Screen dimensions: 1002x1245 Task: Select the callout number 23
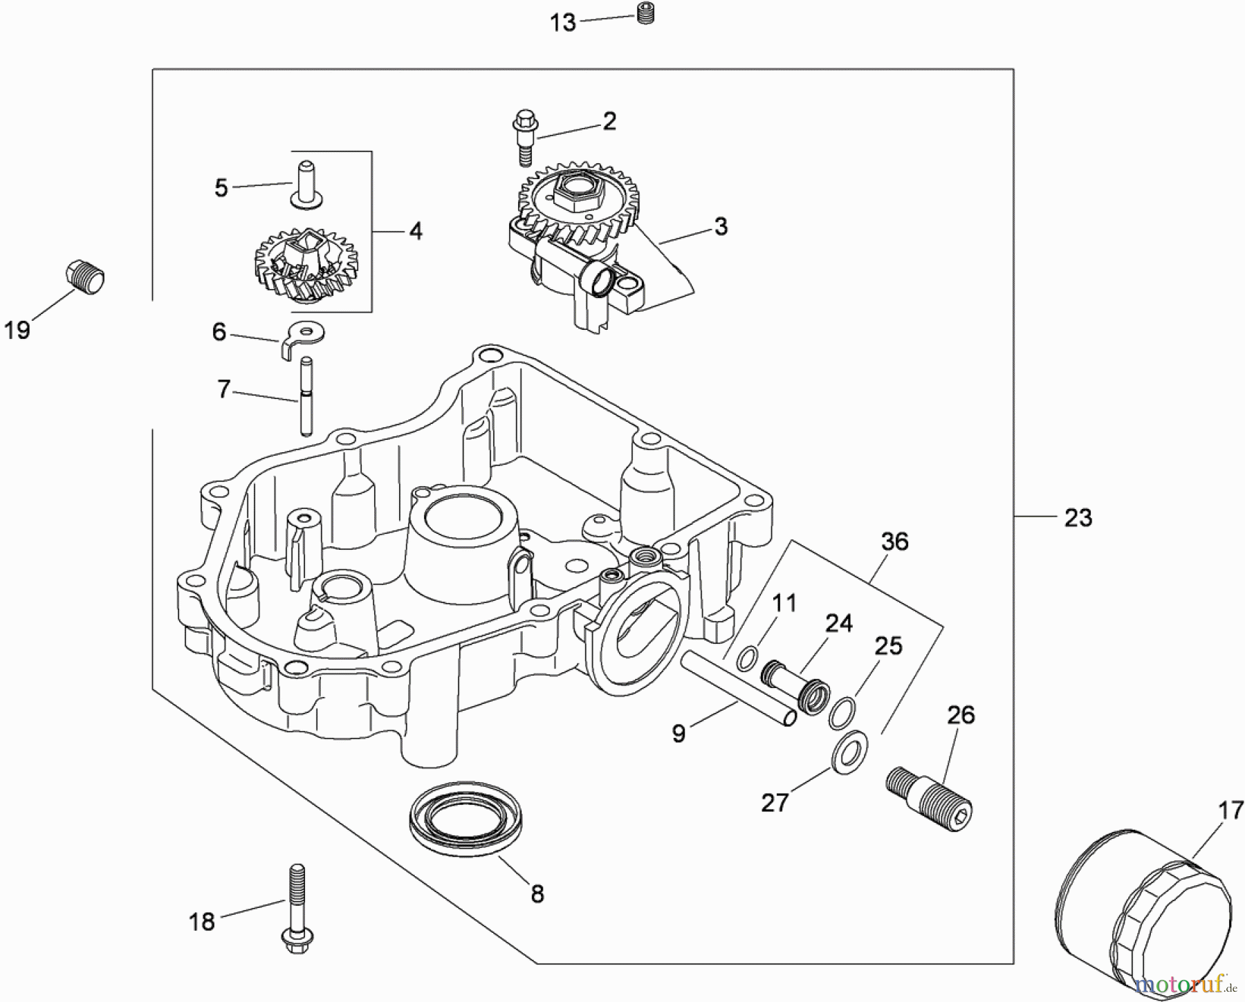pyautogui.click(x=1078, y=517)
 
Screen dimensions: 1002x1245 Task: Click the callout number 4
pyautogui.click(x=415, y=231)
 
